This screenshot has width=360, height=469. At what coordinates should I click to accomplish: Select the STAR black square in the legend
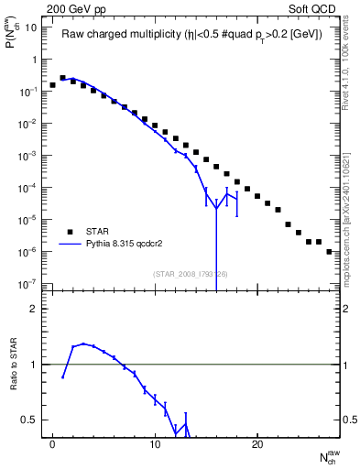(x=70, y=231)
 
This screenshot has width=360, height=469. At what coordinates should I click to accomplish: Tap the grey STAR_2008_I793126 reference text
(x=189, y=273)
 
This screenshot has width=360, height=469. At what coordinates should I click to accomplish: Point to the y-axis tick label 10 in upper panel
(x=31, y=27)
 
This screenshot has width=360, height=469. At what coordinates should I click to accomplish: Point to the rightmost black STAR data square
(x=329, y=251)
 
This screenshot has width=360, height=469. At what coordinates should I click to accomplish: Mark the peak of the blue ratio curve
(x=83, y=344)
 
